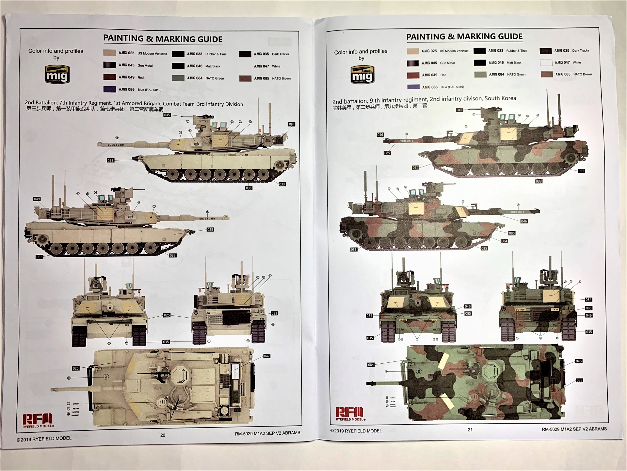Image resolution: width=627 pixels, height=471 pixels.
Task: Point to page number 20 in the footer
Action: tap(163, 435)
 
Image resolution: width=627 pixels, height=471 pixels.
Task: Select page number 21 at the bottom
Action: tap(470, 430)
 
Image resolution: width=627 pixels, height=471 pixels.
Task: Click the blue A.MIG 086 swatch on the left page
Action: tap(109, 89)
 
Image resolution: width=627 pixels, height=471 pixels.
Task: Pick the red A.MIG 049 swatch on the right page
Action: tap(413, 75)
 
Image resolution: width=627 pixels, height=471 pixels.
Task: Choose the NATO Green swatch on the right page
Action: tap(480, 75)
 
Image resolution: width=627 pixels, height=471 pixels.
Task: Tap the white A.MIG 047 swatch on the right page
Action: tap(546, 62)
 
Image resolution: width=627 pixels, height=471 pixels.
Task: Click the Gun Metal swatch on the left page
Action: tap(109, 65)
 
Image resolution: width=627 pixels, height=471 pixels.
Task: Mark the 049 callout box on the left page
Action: tap(37, 199)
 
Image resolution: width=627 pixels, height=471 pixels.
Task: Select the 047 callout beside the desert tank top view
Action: tap(267, 356)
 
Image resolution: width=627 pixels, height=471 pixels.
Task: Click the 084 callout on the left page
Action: tap(292, 124)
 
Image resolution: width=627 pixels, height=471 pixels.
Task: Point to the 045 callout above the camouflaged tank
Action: tap(459, 110)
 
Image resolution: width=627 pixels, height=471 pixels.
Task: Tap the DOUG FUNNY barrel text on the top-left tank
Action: tap(116, 145)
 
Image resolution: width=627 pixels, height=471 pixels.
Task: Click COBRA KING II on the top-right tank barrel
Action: tap(406, 141)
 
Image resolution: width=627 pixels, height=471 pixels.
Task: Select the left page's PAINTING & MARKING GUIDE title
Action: tap(163, 39)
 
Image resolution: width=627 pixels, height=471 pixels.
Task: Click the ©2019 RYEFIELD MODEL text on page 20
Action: tap(44, 439)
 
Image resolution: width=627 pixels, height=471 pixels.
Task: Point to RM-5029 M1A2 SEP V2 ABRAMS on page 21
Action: tap(574, 429)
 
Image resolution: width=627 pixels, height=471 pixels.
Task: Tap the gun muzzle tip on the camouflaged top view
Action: tap(368, 383)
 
